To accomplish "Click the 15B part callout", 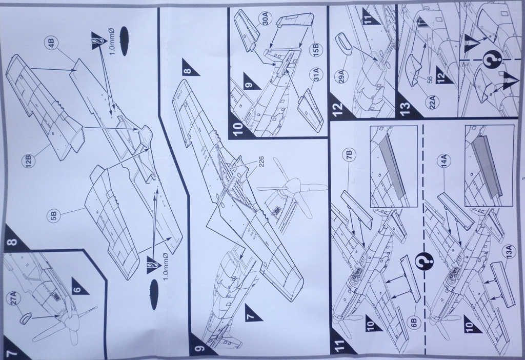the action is (316, 50).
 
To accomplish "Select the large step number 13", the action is (406, 109).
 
